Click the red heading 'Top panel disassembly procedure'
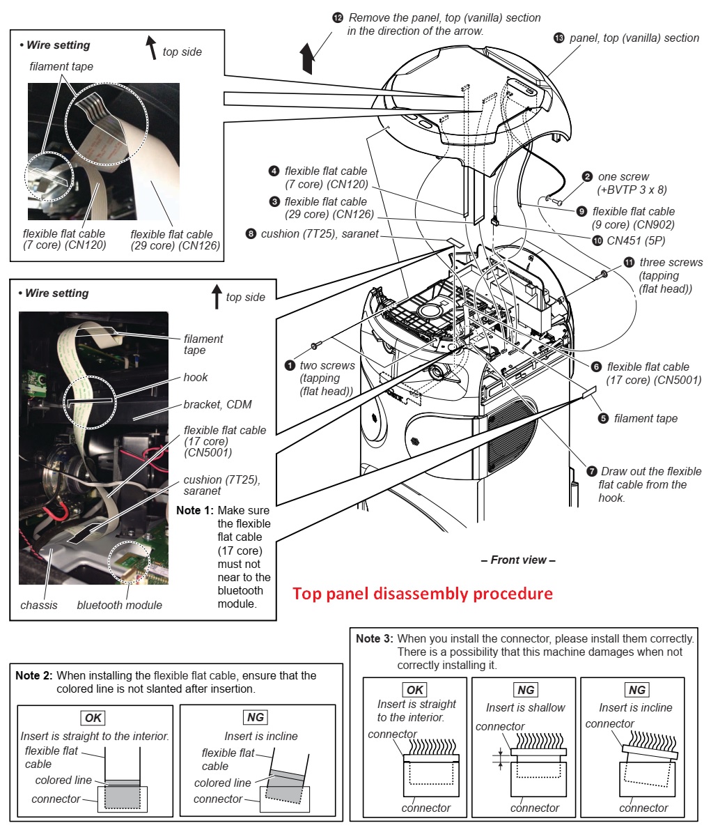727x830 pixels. pos(422,594)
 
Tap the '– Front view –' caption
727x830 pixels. pos(518,560)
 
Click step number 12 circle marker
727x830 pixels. pos(338,17)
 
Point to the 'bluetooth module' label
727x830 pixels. pos(119,605)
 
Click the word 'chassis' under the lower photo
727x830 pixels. pos(39,605)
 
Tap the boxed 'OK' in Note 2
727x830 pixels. pos(93,718)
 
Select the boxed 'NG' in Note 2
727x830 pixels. pos(256,717)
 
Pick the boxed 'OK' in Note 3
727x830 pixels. pos(414,690)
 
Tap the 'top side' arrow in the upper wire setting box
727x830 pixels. pos(150,48)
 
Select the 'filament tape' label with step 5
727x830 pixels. pos(645,418)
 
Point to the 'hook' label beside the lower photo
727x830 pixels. pos(196,377)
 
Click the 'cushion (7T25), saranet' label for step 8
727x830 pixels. pos(319,233)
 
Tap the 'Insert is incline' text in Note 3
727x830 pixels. pos(635,707)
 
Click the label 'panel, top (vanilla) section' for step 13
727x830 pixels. pos(634,38)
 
